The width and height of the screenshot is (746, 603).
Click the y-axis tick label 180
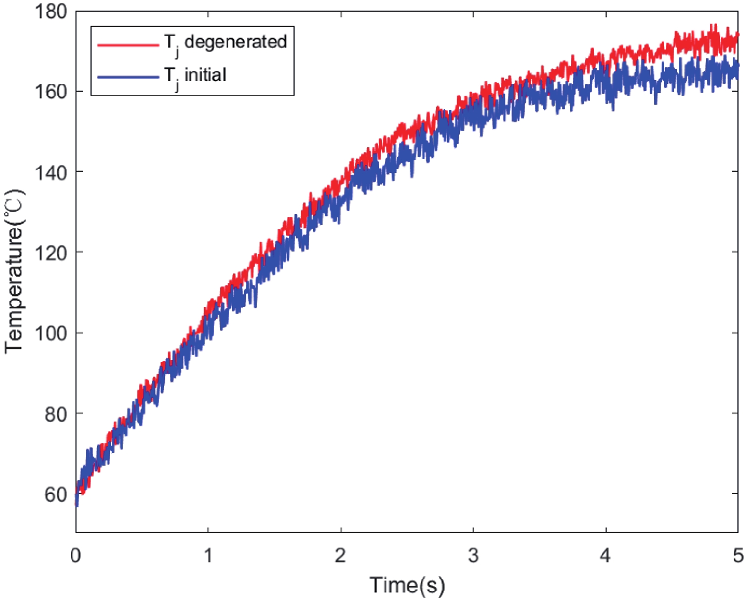pyautogui.click(x=51, y=11)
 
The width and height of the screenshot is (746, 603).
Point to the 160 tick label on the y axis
pyautogui.click(x=51, y=91)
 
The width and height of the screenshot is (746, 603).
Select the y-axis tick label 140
pyautogui.click(x=51, y=171)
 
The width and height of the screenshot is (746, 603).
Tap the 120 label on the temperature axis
pyautogui.click(x=51, y=252)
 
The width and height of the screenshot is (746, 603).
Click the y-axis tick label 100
pyautogui.click(x=51, y=333)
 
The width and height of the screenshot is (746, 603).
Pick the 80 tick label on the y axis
pyautogui.click(x=55, y=414)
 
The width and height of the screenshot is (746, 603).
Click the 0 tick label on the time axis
pyautogui.click(x=76, y=556)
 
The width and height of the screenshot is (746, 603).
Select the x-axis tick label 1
pyautogui.click(x=208, y=556)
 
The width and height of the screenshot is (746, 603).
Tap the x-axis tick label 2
pyautogui.click(x=341, y=556)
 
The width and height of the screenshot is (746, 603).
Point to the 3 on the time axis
pyautogui.click(x=473, y=556)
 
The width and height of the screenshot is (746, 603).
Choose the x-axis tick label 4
pyautogui.click(x=605, y=556)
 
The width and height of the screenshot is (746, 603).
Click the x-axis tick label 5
pyautogui.click(x=737, y=556)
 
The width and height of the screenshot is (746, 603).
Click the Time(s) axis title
pyautogui.click(x=407, y=585)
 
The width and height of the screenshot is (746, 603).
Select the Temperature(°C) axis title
pyautogui.click(x=14, y=271)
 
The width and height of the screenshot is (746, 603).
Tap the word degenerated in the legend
pyautogui.click(x=235, y=42)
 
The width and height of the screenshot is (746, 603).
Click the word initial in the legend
pyautogui.click(x=205, y=75)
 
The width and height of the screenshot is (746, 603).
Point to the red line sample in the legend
pyautogui.click(x=128, y=45)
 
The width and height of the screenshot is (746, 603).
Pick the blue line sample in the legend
pyautogui.click(x=128, y=77)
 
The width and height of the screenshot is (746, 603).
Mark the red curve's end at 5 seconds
pyautogui.click(x=737, y=36)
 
